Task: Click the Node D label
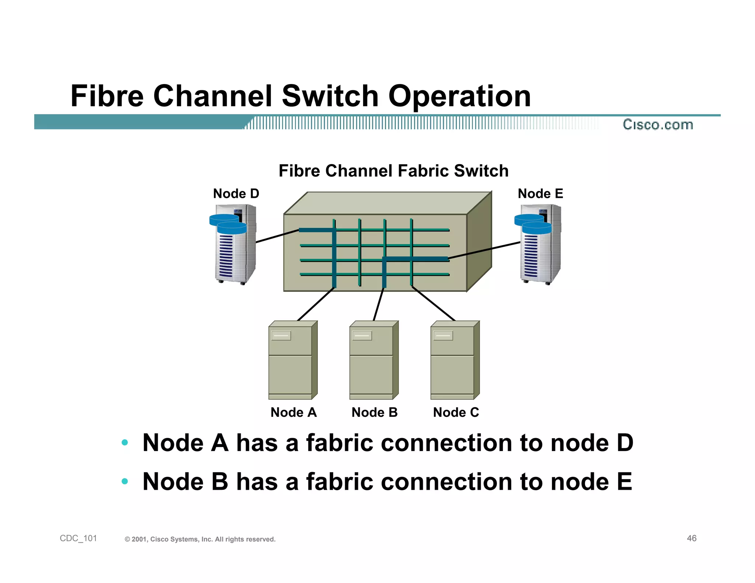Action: pyautogui.click(x=236, y=193)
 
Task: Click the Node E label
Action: pyautogui.click(x=540, y=193)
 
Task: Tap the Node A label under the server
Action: pyautogui.click(x=293, y=412)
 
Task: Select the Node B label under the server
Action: pyautogui.click(x=375, y=412)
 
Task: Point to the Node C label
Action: pyautogui.click(x=456, y=412)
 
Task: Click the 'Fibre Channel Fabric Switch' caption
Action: pyautogui.click(x=393, y=171)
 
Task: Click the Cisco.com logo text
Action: pyautogui.click(x=658, y=125)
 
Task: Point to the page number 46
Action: pyautogui.click(x=692, y=538)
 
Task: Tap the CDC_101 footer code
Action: pyautogui.click(x=78, y=538)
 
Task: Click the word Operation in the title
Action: pyautogui.click(x=459, y=96)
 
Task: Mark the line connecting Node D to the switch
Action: pyautogui.click(x=277, y=236)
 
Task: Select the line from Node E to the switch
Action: pyautogui.click(x=484, y=251)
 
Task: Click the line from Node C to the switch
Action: pyautogui.click(x=434, y=304)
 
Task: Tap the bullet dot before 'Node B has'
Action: pyautogui.click(x=125, y=481)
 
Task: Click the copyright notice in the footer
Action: pyautogui.click(x=200, y=540)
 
